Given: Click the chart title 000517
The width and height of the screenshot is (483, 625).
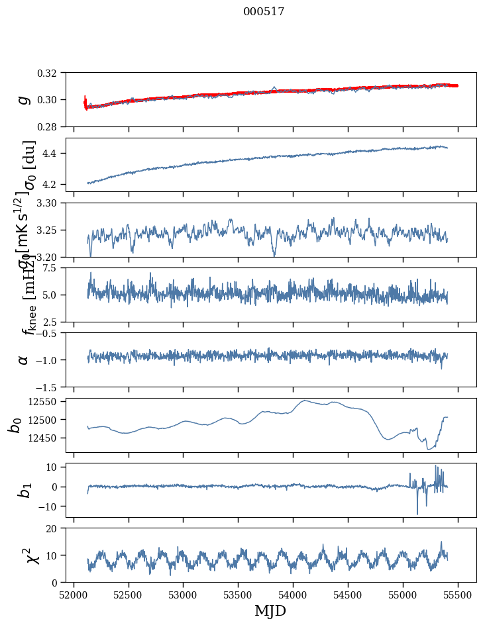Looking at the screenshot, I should (x=264, y=12).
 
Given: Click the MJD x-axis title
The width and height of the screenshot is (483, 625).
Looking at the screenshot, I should (x=270, y=610).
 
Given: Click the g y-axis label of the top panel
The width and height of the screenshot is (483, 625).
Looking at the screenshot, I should (x=23, y=99).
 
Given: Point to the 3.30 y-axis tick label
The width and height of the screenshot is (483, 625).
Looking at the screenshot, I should (x=50, y=203).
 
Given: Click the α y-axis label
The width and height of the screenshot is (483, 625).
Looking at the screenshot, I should (x=23, y=360).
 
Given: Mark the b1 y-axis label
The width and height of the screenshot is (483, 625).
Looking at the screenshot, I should (x=23, y=490).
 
